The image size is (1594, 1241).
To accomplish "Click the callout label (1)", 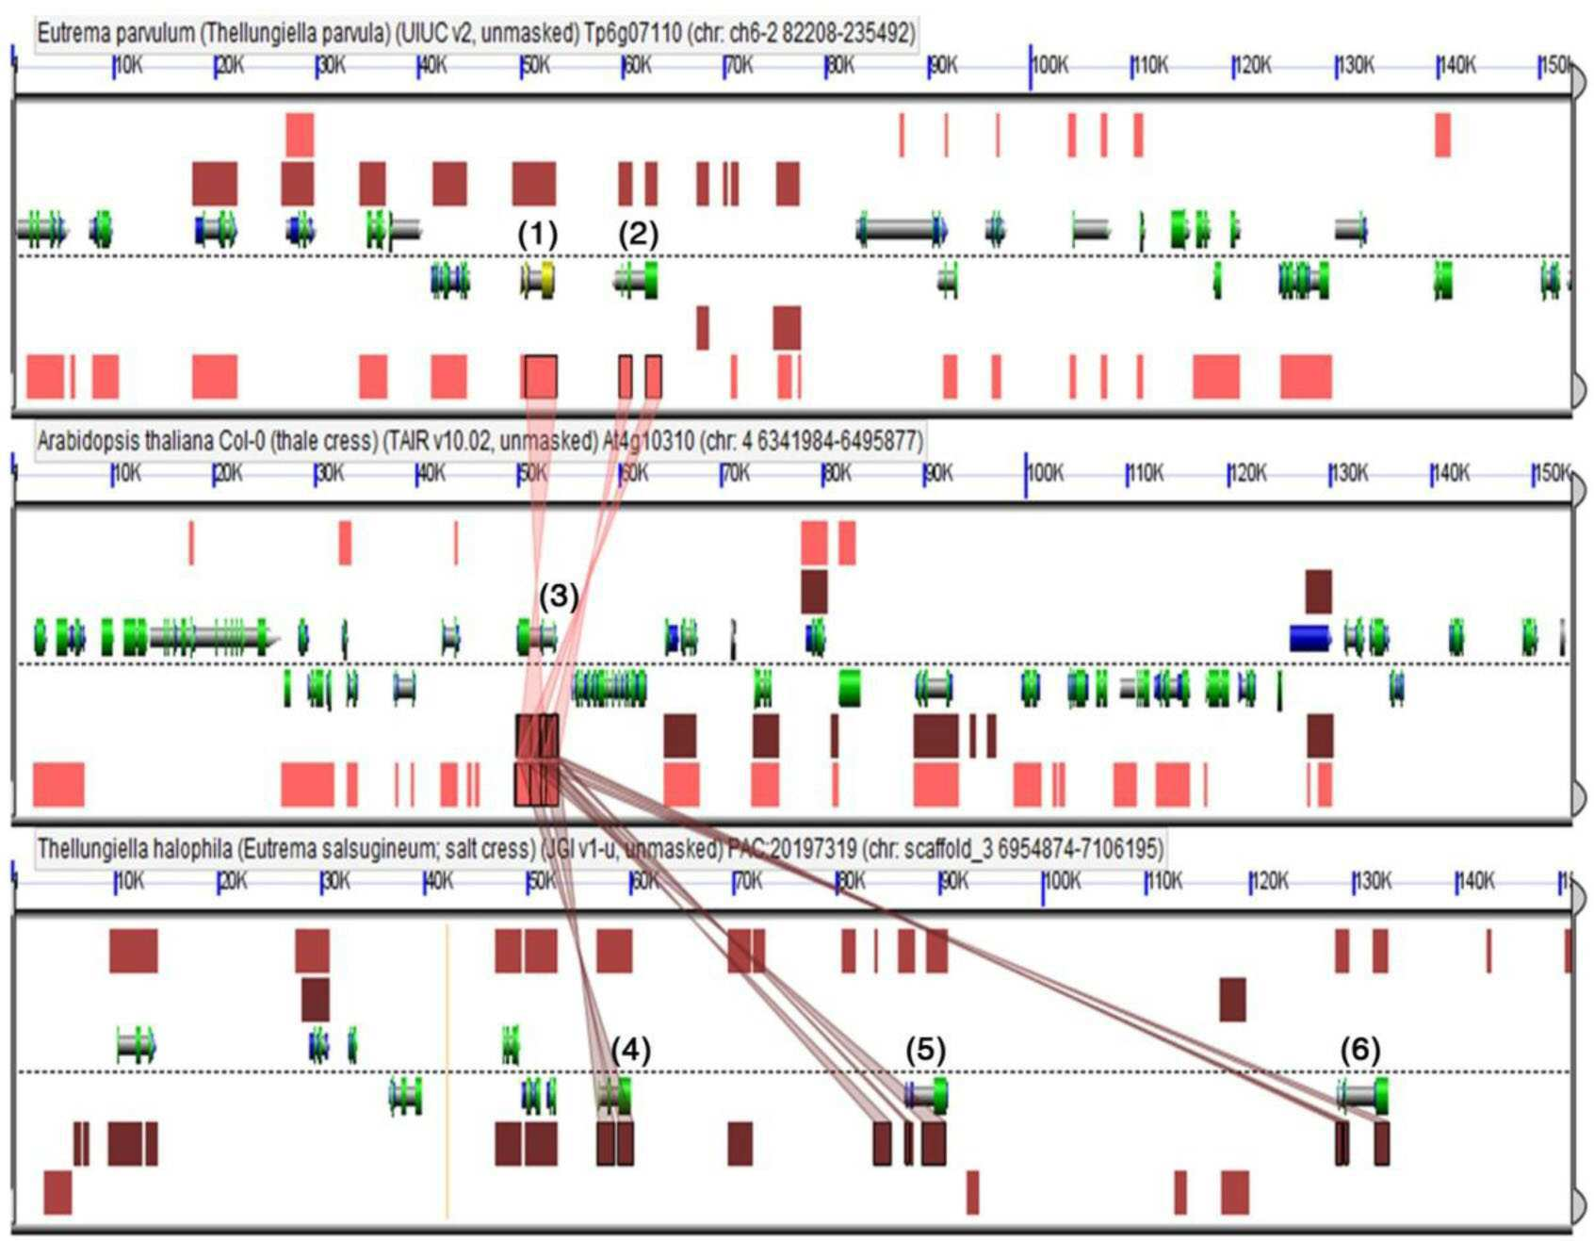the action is point(538,235).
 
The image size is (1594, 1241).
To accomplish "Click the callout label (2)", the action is point(638,235).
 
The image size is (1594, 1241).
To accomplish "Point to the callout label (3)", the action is point(559,596).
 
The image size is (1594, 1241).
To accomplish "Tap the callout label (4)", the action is point(630,1049).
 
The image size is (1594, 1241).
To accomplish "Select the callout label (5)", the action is point(925,1049).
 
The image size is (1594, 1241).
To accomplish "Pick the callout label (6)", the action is point(1360,1049).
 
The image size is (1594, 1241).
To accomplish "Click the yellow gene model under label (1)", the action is point(538,280).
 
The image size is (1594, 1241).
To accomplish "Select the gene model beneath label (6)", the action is point(1362,1095).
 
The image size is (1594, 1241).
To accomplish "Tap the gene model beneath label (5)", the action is point(926,1095).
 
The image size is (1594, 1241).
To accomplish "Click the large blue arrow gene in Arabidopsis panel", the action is point(1310,638).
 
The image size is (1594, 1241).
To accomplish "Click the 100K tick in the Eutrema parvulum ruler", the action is point(1031,66).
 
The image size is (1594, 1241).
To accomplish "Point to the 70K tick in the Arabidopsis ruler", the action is point(723,474).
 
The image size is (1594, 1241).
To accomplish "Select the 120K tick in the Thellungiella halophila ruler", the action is point(1252,882).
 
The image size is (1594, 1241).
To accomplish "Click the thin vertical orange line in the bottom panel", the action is point(447,1070).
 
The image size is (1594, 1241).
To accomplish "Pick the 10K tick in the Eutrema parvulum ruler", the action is point(114,66).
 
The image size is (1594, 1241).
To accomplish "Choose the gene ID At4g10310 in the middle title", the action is point(648,441).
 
